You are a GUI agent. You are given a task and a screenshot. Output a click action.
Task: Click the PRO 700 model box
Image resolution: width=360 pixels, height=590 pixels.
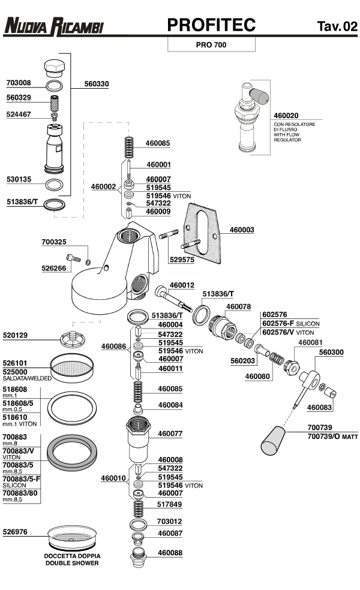211,44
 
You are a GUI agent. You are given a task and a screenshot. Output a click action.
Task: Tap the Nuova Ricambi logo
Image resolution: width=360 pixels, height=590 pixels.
53,26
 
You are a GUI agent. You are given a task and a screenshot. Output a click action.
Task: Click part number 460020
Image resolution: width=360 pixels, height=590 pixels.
286,115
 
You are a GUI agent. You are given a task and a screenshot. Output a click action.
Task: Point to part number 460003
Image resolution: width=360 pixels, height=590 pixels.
241,229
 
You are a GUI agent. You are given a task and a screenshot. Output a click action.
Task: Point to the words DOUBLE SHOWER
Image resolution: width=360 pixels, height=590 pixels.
71,563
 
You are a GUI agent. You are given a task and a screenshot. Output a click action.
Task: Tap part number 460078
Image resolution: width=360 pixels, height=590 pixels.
238,306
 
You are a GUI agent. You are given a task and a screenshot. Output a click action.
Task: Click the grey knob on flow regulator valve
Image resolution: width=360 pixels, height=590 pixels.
260,94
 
